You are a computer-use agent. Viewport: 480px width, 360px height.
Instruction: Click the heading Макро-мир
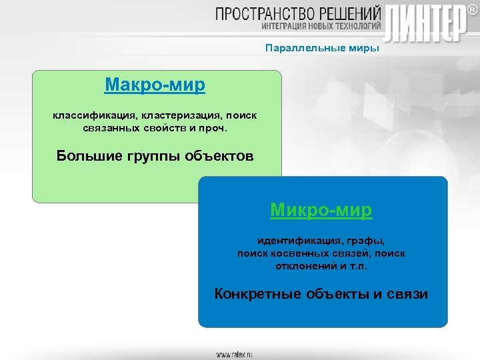pyautogui.click(x=155, y=85)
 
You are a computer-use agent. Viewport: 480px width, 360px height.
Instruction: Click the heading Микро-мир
pyautogui.click(x=321, y=210)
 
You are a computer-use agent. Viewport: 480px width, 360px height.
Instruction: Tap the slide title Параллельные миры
pyautogui.click(x=322, y=48)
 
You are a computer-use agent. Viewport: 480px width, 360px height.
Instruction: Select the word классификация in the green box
pyautogui.click(x=93, y=115)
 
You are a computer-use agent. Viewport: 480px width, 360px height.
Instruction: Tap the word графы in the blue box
pyautogui.click(x=365, y=241)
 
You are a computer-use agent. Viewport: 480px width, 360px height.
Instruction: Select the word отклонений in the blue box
pyautogui.click(x=304, y=265)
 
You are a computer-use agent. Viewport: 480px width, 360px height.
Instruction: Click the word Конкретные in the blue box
pyautogui.click(x=257, y=294)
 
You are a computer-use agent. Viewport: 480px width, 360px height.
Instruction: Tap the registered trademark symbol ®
pyautogui.click(x=471, y=9)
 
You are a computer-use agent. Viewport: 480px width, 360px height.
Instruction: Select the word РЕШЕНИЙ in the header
pyautogui.click(x=353, y=13)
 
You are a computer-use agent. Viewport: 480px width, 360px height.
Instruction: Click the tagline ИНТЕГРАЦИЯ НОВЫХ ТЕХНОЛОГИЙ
pyautogui.click(x=321, y=27)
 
